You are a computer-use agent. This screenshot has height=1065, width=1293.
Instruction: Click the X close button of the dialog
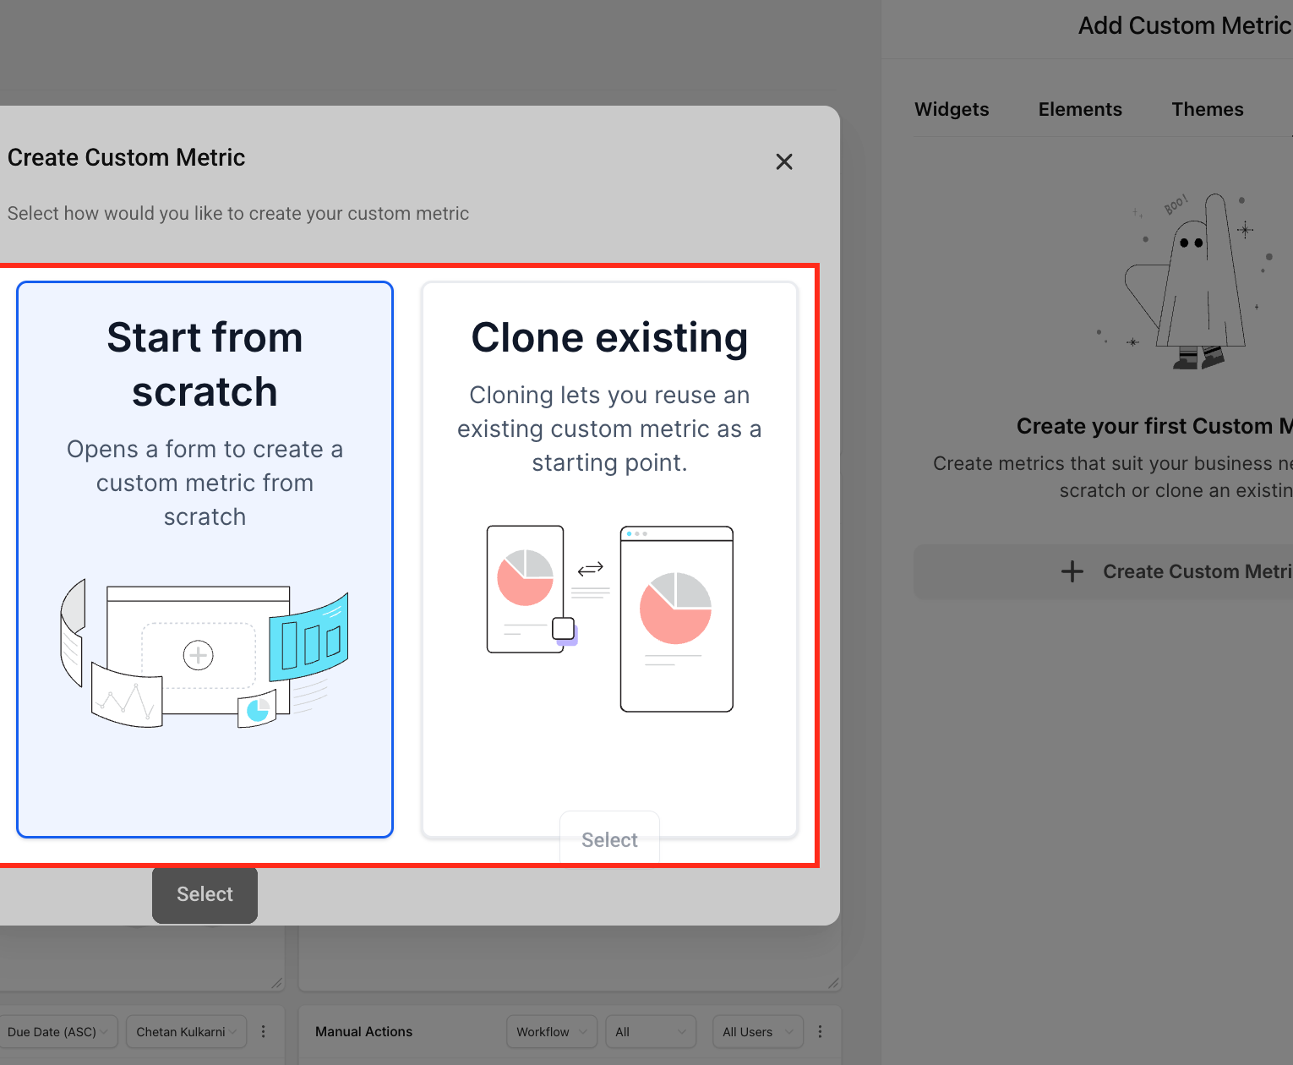(x=784, y=161)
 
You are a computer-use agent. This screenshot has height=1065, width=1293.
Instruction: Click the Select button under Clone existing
(x=609, y=838)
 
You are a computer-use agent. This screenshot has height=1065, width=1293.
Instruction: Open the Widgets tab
(x=952, y=109)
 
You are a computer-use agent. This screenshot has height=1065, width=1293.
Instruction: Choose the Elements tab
(x=1080, y=109)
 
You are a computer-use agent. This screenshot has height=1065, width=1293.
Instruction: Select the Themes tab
(x=1207, y=109)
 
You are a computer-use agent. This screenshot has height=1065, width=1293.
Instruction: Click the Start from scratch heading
(x=205, y=364)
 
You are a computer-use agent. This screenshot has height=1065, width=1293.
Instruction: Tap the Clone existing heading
(x=609, y=337)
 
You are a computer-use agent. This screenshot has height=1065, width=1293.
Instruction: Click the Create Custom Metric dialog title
(x=126, y=157)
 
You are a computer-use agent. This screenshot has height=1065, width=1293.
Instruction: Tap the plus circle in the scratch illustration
(x=198, y=655)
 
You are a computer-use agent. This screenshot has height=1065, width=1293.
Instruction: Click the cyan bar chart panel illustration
(x=308, y=637)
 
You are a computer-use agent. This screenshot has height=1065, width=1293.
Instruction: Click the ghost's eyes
(x=1192, y=243)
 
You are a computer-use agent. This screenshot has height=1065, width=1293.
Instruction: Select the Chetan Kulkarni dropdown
(x=187, y=1031)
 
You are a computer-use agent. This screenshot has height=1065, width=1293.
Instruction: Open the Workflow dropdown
(x=552, y=1031)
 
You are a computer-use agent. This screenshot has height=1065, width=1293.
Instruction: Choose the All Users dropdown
(x=758, y=1031)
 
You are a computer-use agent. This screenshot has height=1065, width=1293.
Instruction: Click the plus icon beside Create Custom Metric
(x=1072, y=571)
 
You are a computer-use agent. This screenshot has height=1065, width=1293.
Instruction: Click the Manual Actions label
(x=363, y=1031)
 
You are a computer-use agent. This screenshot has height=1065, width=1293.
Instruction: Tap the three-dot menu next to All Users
(x=820, y=1031)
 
